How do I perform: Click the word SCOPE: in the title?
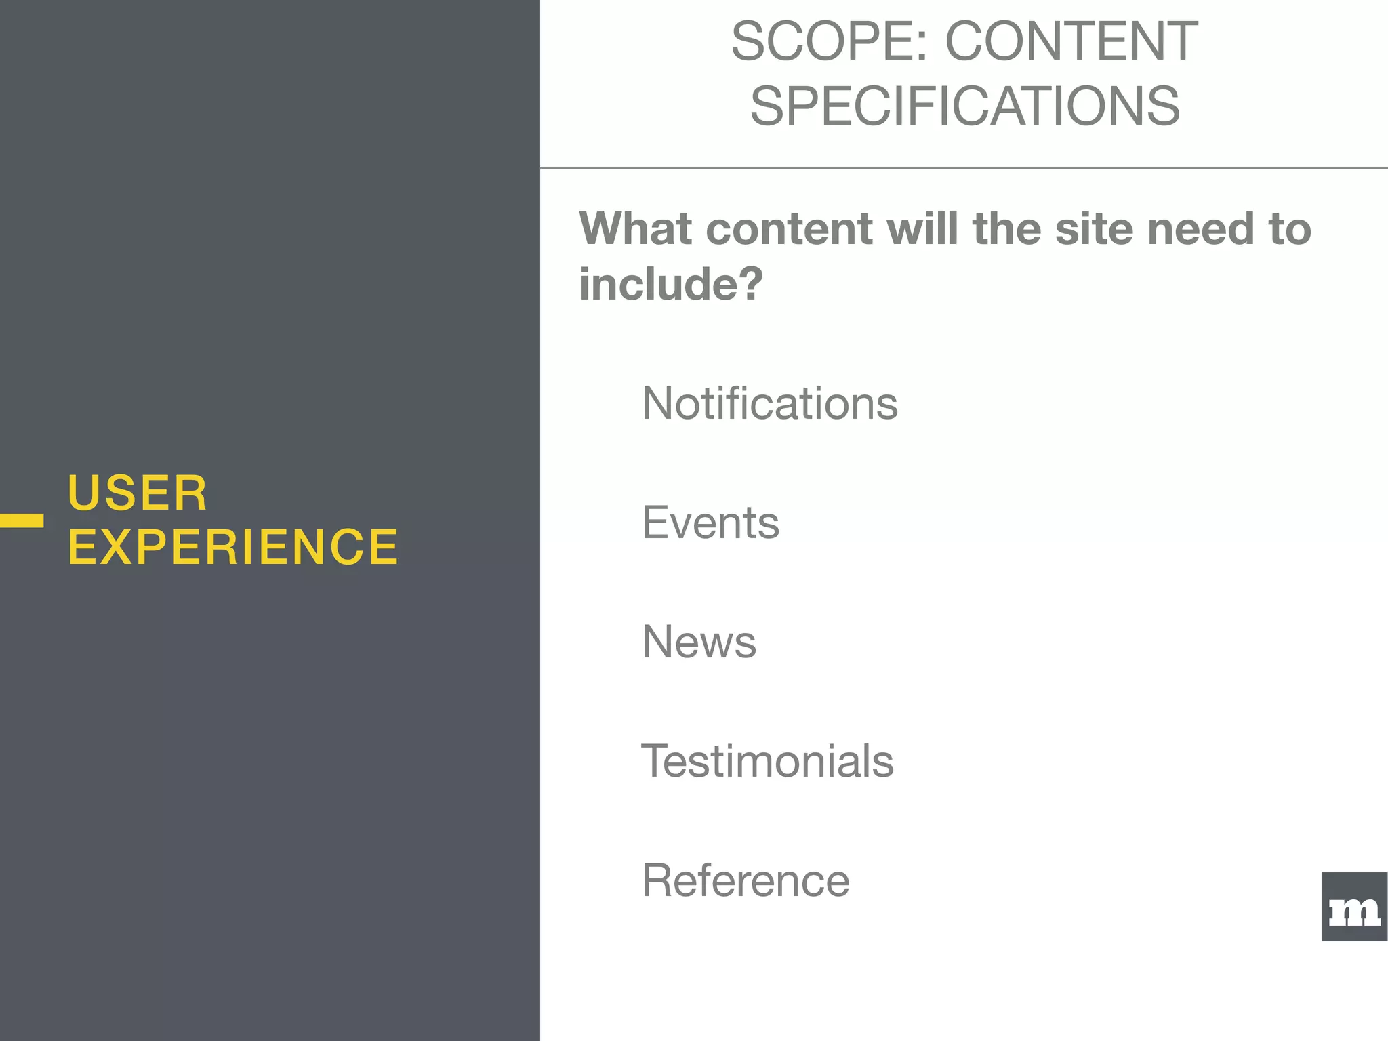tap(829, 42)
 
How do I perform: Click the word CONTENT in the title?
tap(1071, 42)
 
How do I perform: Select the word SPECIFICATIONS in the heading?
tap(964, 106)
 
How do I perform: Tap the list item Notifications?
tap(769, 403)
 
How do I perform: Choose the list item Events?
tap(710, 523)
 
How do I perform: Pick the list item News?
tap(699, 642)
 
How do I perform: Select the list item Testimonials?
tap(767, 761)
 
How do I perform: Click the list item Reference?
tap(746, 880)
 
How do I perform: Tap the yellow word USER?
tap(138, 493)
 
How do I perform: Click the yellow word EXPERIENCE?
tap(233, 547)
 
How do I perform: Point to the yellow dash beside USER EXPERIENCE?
tap(22, 520)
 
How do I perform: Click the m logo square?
tap(1354, 907)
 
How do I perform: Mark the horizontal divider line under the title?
tap(964, 167)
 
